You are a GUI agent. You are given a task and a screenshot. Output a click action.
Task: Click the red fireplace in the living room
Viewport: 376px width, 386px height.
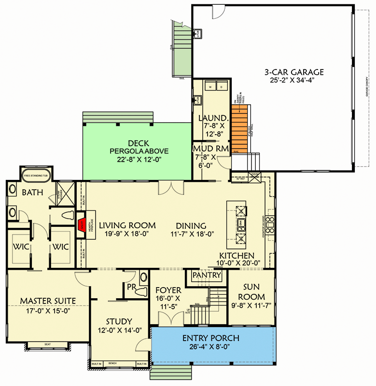82,224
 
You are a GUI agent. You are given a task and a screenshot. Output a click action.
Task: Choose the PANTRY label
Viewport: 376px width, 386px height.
207,275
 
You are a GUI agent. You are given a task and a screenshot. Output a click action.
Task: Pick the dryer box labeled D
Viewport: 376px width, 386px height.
222,86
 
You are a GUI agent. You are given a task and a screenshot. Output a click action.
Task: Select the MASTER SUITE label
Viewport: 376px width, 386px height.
48,301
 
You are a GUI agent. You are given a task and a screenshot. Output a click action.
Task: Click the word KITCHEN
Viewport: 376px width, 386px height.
237,255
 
